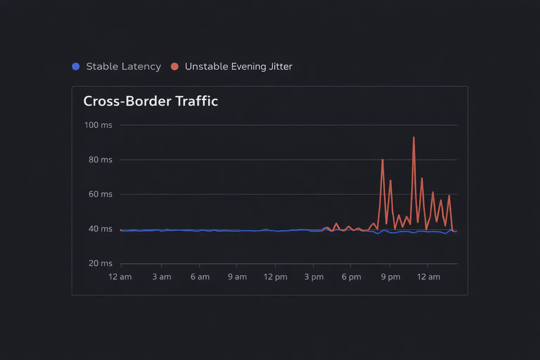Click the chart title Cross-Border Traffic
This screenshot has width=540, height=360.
pyautogui.click(x=150, y=101)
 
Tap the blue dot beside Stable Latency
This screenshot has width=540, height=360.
pyautogui.click(x=76, y=66)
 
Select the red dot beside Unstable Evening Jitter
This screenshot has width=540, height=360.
pyautogui.click(x=175, y=66)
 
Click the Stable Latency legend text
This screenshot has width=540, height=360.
pyautogui.click(x=123, y=66)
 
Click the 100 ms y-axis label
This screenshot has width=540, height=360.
pyautogui.click(x=98, y=125)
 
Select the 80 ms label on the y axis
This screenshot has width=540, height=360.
pyautogui.click(x=100, y=160)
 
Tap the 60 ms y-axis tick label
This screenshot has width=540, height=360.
pyautogui.click(x=100, y=194)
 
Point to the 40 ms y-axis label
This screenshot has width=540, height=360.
pyautogui.click(x=100, y=229)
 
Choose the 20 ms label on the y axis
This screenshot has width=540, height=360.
pyautogui.click(x=100, y=263)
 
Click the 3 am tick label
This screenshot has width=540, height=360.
pyautogui.click(x=162, y=277)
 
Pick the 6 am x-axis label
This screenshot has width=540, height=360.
pyautogui.click(x=200, y=277)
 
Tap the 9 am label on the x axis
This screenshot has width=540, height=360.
pyautogui.click(x=237, y=277)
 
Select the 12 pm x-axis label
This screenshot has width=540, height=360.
pyautogui.click(x=275, y=277)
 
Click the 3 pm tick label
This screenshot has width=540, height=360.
pyautogui.click(x=314, y=277)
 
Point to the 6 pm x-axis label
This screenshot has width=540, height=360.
pyautogui.click(x=351, y=277)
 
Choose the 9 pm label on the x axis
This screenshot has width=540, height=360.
pyautogui.click(x=391, y=277)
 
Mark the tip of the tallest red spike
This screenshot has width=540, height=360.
pyautogui.click(x=414, y=137)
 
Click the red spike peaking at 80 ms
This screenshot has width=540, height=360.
pyautogui.click(x=382, y=160)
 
